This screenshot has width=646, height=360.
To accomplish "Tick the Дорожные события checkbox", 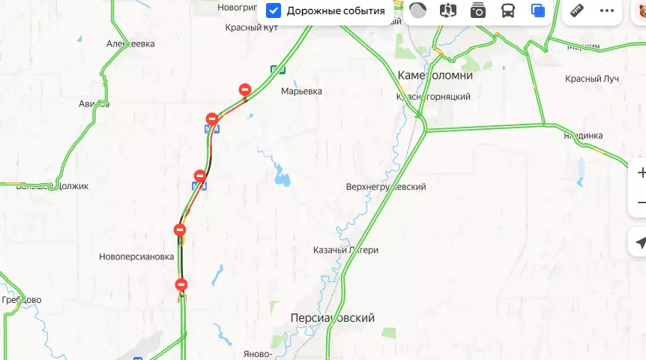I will [x=274, y=11].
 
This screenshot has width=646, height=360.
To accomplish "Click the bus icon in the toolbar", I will [x=507, y=11].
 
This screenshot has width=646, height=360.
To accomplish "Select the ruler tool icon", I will [x=576, y=11].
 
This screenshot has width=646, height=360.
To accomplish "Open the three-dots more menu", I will [x=606, y=11].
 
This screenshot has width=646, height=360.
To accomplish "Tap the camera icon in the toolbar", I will [x=477, y=11].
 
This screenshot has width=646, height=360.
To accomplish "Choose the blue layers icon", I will [x=537, y=11].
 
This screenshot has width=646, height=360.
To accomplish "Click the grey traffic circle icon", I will [x=417, y=11].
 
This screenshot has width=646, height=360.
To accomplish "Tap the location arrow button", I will [x=639, y=243].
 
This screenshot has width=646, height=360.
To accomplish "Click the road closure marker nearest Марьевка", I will [x=244, y=90].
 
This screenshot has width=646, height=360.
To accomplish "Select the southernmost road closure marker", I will [x=181, y=284].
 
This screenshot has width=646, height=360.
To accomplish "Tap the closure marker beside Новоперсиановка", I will [x=180, y=230].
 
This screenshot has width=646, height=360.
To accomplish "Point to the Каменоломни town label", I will [x=435, y=76].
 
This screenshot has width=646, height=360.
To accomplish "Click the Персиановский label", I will [x=332, y=318].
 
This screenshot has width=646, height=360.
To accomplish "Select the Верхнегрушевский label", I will [x=386, y=187].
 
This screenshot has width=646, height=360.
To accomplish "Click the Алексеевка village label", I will [x=130, y=44].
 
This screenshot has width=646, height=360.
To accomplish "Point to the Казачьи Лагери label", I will [x=345, y=250].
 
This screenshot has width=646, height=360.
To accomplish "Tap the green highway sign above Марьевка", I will [x=277, y=70].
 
